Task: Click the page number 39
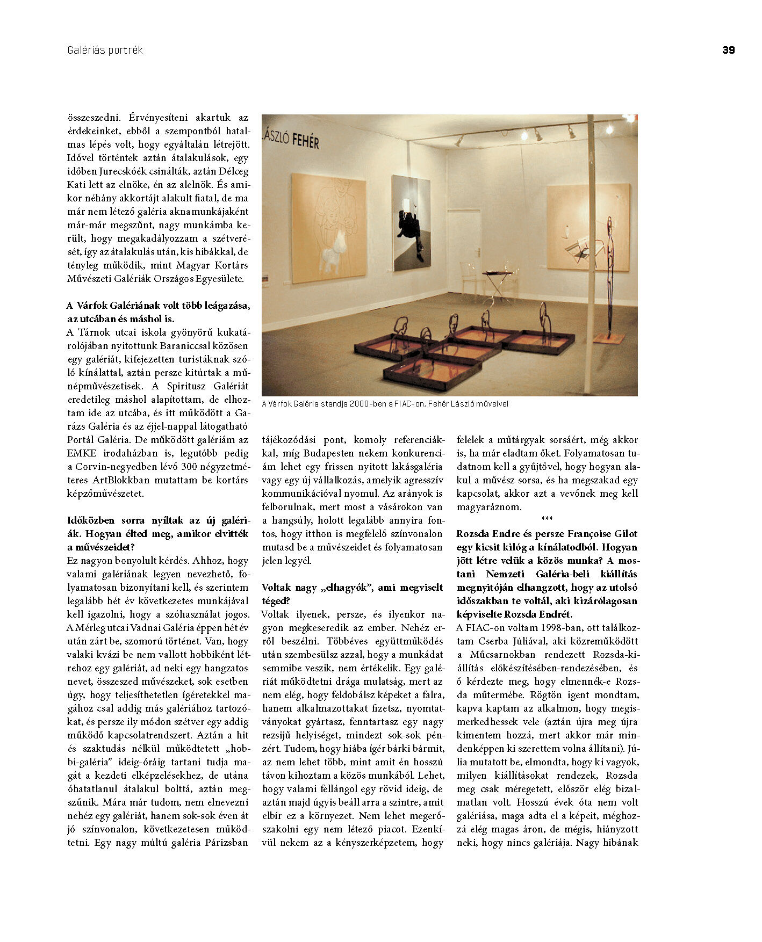point(728,50)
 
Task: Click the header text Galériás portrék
point(105,50)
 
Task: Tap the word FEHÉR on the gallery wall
point(306,141)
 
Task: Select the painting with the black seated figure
point(411,223)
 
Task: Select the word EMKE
point(82,453)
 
